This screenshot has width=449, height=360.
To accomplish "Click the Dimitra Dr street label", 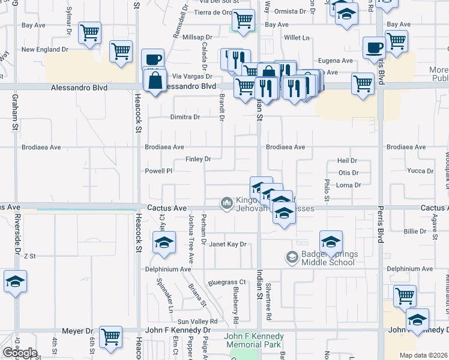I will [x=185, y=117].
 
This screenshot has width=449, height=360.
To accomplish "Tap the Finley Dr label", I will [x=198, y=159].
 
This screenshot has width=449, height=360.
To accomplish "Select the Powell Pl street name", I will [x=159, y=170].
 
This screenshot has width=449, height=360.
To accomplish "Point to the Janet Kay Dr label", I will [x=228, y=244].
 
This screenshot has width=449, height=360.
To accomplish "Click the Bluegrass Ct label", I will [x=228, y=281].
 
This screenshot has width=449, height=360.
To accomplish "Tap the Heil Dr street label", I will [x=348, y=161].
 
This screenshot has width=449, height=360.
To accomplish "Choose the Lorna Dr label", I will [x=349, y=185].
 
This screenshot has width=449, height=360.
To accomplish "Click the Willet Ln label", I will [x=297, y=37].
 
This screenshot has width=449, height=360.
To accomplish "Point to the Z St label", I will [x=30, y=256].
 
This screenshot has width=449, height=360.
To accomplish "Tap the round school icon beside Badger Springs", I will [x=292, y=257].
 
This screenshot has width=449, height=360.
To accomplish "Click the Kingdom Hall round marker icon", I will [x=227, y=203].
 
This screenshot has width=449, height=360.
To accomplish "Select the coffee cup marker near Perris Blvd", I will [x=374, y=47].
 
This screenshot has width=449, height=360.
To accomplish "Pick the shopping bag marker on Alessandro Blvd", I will [x=155, y=79].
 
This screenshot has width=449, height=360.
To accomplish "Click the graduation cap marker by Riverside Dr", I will [x=15, y=281].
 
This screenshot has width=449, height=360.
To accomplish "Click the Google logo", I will [x=20, y=353].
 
